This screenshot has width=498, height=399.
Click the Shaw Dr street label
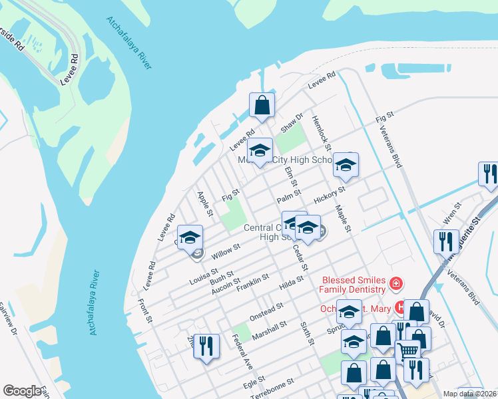(x=292, y=121)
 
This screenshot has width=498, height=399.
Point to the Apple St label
(x=204, y=204)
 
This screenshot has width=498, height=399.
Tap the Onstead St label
(x=266, y=310)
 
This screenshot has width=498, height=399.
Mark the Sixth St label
(x=308, y=332)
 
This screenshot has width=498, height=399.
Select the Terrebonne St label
(x=272, y=389)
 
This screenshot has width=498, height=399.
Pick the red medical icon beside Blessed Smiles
(x=396, y=285)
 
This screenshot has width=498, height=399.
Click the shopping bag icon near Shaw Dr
(x=262, y=105)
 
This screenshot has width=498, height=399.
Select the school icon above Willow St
(x=190, y=237)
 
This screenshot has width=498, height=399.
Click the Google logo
(x=23, y=391)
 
